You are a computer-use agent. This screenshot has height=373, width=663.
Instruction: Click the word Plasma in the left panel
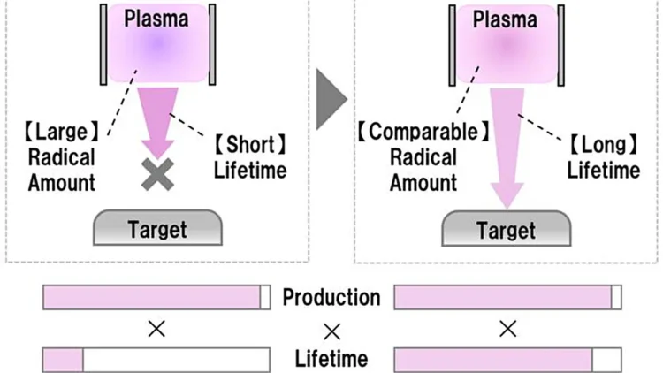pos(156,19)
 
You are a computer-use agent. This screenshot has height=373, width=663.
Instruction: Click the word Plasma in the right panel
pos(505,19)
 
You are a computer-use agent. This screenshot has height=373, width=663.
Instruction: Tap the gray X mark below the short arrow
pos(157,174)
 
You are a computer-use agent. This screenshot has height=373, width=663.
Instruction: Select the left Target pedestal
pos(157,227)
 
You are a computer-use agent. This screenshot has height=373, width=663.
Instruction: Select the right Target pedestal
pos(507,228)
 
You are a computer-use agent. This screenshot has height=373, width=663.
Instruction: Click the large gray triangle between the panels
pos(331,99)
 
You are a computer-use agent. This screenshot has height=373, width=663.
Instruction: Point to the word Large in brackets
pos(61,132)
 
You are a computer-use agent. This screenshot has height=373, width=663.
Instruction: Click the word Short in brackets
pos(250,145)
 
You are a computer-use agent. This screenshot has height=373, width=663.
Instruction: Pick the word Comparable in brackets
pos(423,132)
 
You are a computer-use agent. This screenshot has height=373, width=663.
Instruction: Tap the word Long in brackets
pos(604,145)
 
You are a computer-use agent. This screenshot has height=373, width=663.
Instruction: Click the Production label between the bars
pos(331,297)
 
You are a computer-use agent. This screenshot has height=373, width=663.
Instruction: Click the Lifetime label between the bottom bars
pos(331,359)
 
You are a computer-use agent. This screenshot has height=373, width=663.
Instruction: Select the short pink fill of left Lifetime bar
pos(63,360)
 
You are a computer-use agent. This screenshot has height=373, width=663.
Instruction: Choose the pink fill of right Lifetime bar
pos(493,360)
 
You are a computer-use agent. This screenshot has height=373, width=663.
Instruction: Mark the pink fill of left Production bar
pos(152,297)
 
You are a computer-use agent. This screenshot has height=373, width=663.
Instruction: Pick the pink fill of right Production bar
pos(503,297)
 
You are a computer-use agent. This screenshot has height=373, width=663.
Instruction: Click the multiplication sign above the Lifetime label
pos(331,332)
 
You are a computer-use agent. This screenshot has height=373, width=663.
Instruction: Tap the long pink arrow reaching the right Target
pos(507,148)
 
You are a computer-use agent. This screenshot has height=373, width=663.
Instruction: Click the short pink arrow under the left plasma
pos(157,123)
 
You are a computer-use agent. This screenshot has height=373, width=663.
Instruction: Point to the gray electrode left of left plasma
pos(103,44)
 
